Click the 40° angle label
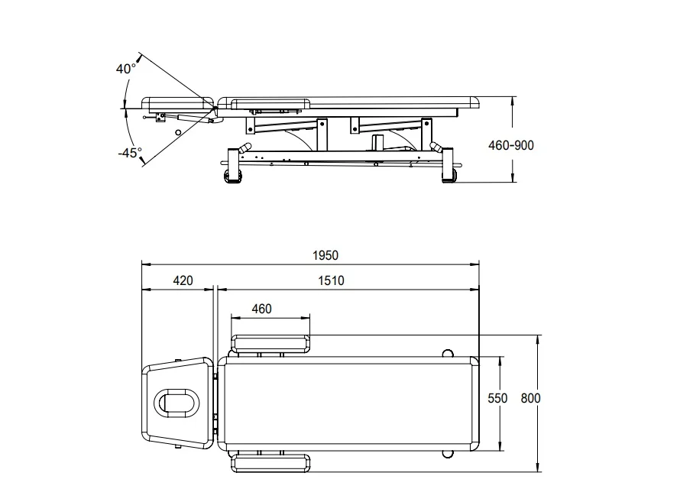tap(126, 69)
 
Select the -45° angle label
tap(130, 152)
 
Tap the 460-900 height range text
tap(510, 145)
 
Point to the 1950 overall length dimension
tap(325, 255)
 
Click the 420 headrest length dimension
tap(183, 280)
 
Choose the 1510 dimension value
tap(331, 280)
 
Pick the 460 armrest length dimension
tap(261, 309)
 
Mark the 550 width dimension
tap(498, 398)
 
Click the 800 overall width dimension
tap(530, 398)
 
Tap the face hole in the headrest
tap(176, 403)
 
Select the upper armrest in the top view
tap(270, 344)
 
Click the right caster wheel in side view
tap(449, 177)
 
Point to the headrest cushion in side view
tap(177, 102)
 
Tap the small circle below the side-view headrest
tap(178, 132)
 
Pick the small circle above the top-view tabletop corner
tap(448, 353)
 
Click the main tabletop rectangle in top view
tap(348, 403)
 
